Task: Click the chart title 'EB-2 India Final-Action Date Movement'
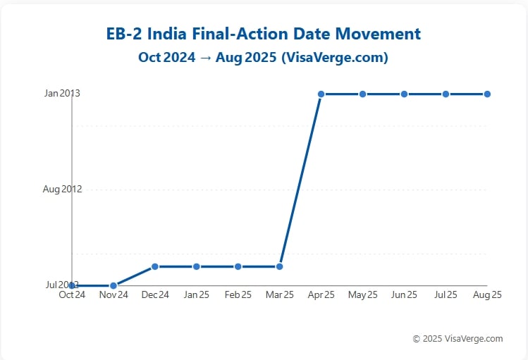pos(263,34)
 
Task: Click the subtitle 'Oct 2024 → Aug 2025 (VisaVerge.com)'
pos(263,58)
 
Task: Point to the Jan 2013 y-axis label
pos(62,94)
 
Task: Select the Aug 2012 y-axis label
pos(62,190)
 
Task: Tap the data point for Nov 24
pos(113,285)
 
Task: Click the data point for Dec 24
pos(155,266)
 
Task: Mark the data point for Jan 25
pos(197,266)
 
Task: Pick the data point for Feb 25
pos(238,266)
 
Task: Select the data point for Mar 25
pos(280,266)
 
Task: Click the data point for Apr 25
pos(321,94)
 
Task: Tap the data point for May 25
pos(363,94)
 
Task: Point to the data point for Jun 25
pos(405,94)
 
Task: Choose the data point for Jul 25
pos(446,94)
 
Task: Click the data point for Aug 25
pos(487,94)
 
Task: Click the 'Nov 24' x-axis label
pos(113,295)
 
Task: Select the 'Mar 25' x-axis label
pos(280,295)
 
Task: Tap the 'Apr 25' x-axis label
pos(321,295)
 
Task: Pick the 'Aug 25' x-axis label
pos(487,295)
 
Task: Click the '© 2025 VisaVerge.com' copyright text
pos(458,339)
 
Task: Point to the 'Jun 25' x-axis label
pos(405,295)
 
